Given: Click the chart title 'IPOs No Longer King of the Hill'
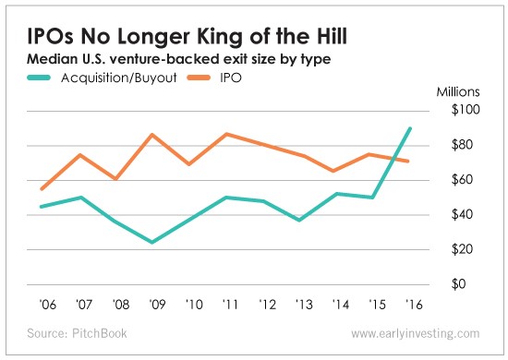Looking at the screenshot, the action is point(187,36).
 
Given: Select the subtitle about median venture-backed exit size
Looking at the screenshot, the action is point(179,59).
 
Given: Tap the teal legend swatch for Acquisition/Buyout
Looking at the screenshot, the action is point(39,78).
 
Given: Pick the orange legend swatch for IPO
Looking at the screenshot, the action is point(199,78).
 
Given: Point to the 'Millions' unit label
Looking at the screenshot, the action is point(458,92).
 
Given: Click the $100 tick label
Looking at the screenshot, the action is point(466,110).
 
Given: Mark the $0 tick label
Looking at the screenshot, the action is point(458,283).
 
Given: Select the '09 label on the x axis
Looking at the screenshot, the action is point(157,305).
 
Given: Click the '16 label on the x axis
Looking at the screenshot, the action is point(414,305).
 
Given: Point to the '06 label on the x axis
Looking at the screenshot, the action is point(48,305).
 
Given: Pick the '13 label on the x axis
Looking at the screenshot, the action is point(304,305).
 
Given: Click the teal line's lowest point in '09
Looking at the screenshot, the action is point(152,242).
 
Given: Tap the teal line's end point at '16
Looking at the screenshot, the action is point(410,128).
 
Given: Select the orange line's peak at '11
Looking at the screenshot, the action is point(227,134).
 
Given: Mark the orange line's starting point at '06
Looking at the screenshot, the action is point(42,189).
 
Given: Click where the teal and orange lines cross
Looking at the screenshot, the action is point(393,159).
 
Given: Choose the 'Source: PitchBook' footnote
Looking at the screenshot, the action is point(77,333).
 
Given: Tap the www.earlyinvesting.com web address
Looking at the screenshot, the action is point(416,333).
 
